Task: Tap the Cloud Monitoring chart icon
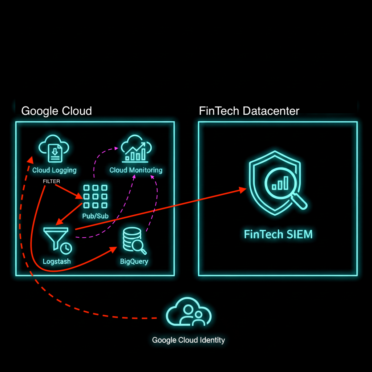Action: (x=136, y=149)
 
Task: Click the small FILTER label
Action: (x=51, y=181)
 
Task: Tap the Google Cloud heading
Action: (x=56, y=111)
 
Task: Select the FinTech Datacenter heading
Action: (x=249, y=111)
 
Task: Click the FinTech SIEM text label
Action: (x=278, y=234)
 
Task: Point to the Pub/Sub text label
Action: (x=96, y=216)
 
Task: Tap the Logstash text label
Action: (x=57, y=261)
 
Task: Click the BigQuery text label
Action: (x=134, y=261)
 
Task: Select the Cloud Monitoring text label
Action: (x=136, y=170)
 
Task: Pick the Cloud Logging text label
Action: (x=54, y=170)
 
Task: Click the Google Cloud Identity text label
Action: (x=189, y=340)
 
